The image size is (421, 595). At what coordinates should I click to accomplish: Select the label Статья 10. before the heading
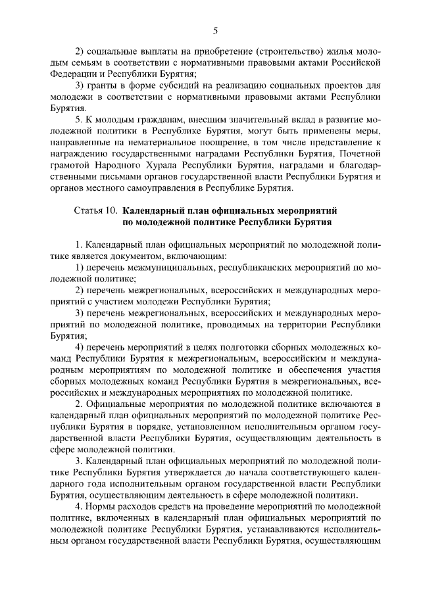(93, 211)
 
